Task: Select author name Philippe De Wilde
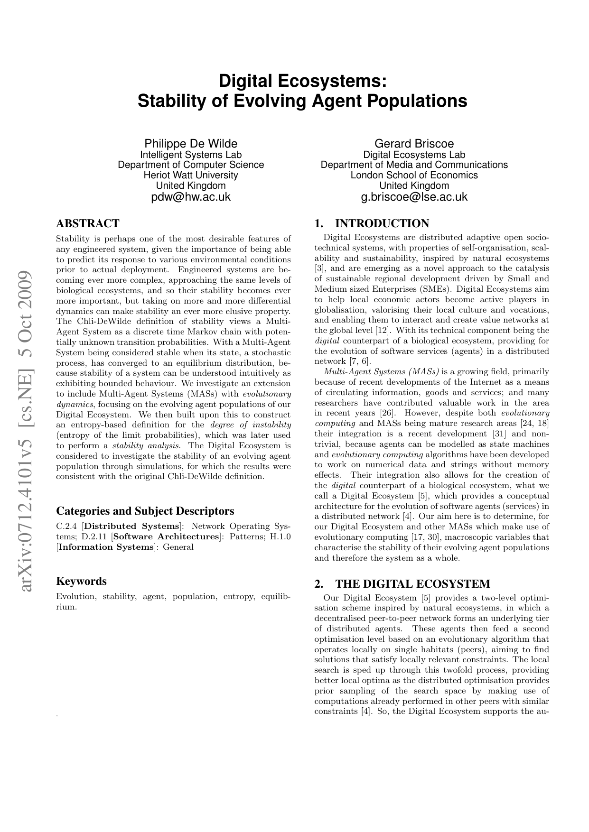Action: tap(191, 144)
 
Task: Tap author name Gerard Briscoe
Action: tap(414, 144)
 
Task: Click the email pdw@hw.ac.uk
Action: tap(191, 197)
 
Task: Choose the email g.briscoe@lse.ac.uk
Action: tap(414, 197)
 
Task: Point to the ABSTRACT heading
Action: tap(88, 223)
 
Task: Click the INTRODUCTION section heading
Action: tap(382, 223)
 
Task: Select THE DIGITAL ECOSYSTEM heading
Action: tap(412, 583)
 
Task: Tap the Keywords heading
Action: tap(81, 581)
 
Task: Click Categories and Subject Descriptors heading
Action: tap(145, 511)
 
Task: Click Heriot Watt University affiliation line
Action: tap(191, 175)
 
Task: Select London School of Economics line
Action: tap(414, 175)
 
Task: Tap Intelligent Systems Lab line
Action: tap(191, 155)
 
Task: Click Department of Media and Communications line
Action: tap(414, 165)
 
